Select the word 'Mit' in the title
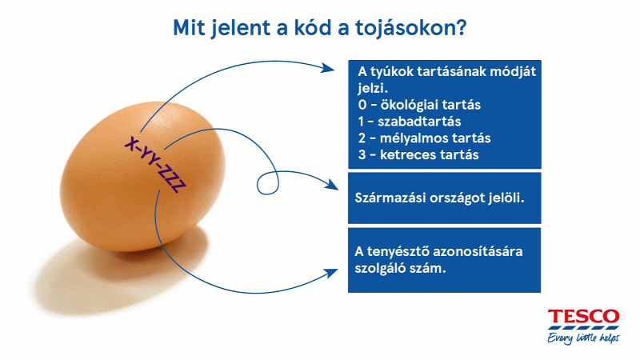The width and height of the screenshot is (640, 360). click(188, 28)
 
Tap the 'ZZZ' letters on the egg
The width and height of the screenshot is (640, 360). click(174, 182)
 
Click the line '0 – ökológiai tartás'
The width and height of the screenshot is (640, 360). click(419, 105)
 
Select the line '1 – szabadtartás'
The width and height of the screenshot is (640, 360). click(410, 122)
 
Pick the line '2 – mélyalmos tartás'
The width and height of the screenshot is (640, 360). click(424, 138)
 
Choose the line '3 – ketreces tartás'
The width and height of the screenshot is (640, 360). click(418, 154)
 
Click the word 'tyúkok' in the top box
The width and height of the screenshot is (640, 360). click(392, 72)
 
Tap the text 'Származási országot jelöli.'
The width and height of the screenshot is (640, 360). click(439, 198)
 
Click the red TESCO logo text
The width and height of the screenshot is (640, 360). click(583, 317)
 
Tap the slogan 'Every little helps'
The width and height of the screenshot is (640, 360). click(583, 338)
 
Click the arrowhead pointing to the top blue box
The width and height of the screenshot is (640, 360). click(328, 68)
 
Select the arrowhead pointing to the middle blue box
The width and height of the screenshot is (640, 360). click(331, 184)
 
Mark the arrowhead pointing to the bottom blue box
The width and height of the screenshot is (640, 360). click(331, 274)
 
